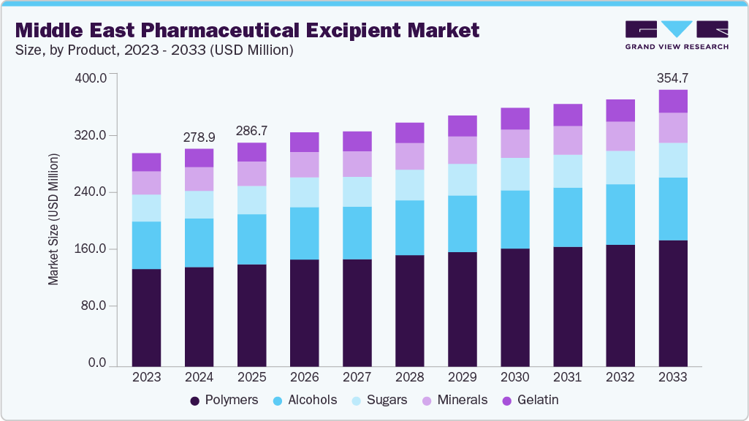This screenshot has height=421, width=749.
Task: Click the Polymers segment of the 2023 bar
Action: point(146,317)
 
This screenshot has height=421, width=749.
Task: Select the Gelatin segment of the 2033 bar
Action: point(673,102)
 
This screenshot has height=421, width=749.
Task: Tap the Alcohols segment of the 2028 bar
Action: point(410,227)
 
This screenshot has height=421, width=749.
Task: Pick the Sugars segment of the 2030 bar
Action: point(515,174)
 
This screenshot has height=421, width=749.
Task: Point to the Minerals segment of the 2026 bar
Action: point(305,164)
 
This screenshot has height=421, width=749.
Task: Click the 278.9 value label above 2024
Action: point(199,137)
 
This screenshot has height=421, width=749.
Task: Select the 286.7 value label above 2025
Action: point(252,131)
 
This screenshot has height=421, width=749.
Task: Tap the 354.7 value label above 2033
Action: point(673,78)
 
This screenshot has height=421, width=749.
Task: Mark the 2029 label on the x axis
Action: point(463,377)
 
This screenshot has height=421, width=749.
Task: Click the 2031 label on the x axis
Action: point(568,377)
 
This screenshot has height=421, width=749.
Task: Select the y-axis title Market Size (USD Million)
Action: point(53,219)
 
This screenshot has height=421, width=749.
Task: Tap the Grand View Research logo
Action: point(677,35)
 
